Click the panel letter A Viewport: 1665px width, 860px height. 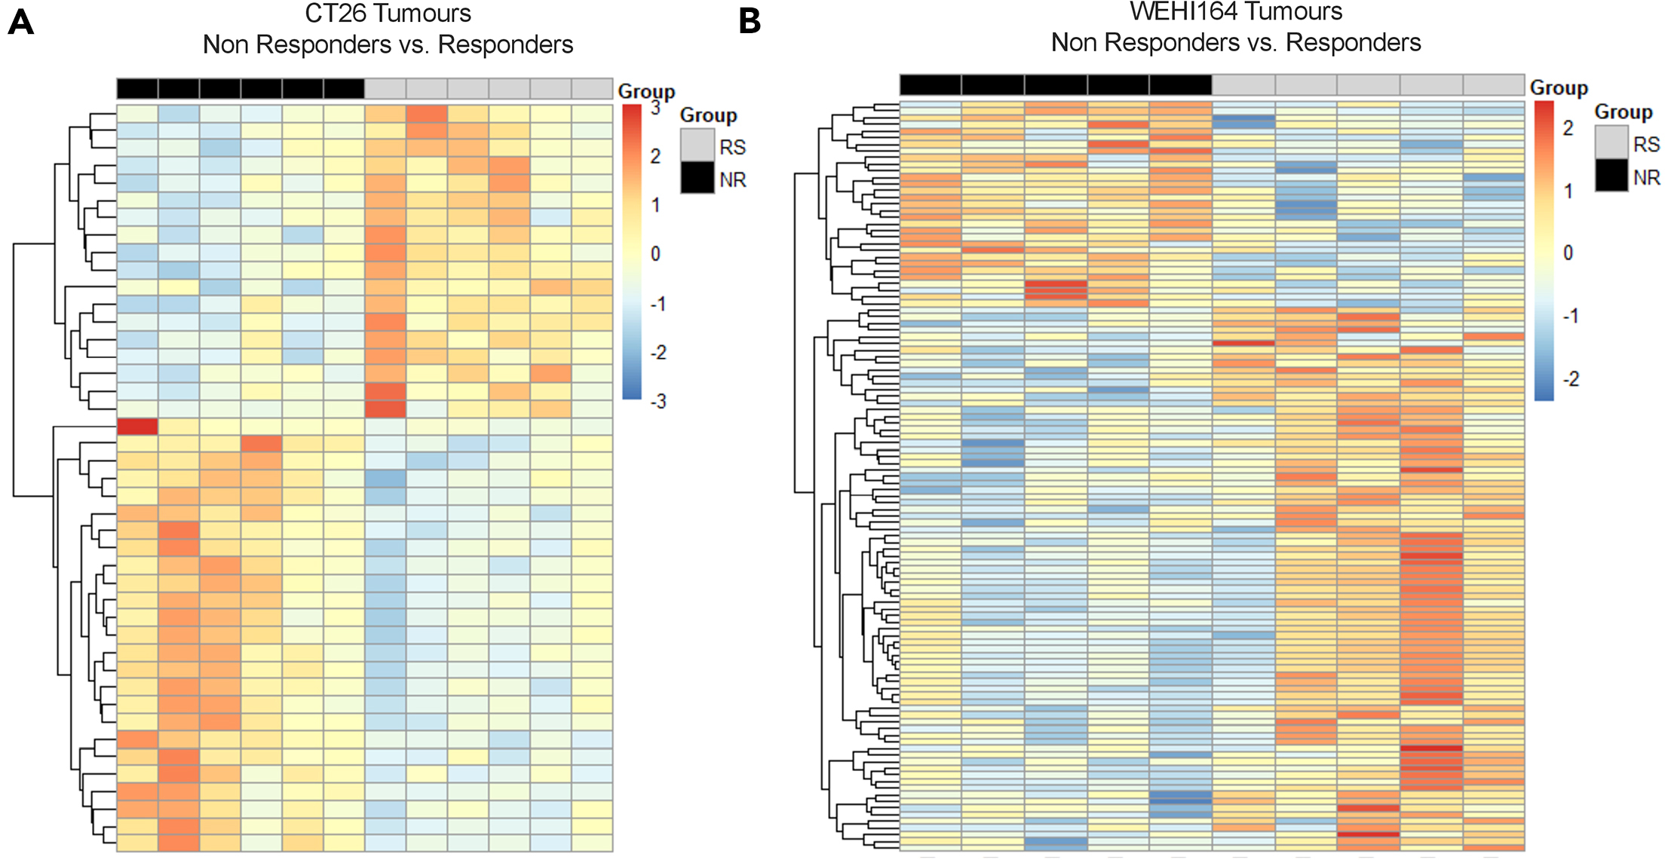21,22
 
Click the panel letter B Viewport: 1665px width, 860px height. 750,22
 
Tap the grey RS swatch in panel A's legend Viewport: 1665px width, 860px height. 697,145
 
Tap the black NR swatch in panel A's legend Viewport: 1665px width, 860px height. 697,178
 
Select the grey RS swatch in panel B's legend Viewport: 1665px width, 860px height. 1611,142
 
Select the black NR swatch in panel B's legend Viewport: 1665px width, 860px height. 1611,176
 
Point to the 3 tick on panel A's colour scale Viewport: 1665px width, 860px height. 655,108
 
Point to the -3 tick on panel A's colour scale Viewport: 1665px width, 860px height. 658,401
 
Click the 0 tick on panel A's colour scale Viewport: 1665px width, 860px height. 655,254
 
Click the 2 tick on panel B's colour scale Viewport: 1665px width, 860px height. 1568,128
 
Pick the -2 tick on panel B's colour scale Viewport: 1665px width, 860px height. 1570,379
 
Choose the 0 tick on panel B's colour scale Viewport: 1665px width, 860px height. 1568,252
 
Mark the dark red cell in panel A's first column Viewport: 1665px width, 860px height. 137,427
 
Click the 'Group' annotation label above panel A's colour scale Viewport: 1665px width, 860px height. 646,91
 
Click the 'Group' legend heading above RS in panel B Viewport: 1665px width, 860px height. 1623,112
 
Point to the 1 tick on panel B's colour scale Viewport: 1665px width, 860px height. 1568,191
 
